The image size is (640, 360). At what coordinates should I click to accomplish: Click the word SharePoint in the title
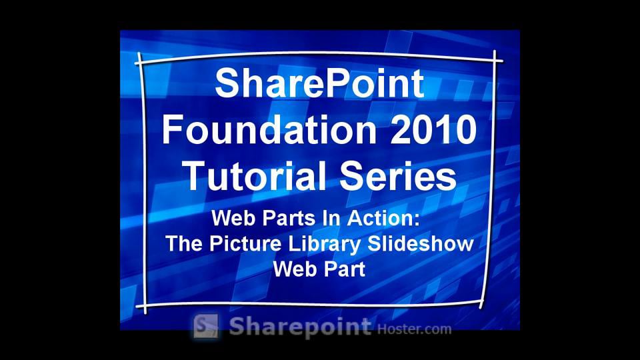click(319, 83)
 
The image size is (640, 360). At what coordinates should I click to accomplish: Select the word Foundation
click(269, 129)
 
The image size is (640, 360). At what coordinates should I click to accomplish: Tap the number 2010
click(433, 129)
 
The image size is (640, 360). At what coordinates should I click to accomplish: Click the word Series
click(398, 176)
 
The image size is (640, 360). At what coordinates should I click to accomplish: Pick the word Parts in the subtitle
click(289, 218)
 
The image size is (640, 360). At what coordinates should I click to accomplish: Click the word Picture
click(245, 244)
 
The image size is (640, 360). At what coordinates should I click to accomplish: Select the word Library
click(325, 244)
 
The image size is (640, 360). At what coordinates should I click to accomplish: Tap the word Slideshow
click(421, 243)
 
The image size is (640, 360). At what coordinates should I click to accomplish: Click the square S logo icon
click(206, 326)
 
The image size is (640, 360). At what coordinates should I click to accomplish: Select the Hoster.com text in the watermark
click(414, 329)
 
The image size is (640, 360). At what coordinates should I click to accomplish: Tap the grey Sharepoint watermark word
click(300, 327)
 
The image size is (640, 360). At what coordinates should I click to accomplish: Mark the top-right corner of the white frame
click(495, 61)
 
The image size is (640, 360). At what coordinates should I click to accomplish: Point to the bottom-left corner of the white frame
click(145, 305)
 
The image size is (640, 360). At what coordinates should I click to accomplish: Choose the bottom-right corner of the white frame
click(482, 303)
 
